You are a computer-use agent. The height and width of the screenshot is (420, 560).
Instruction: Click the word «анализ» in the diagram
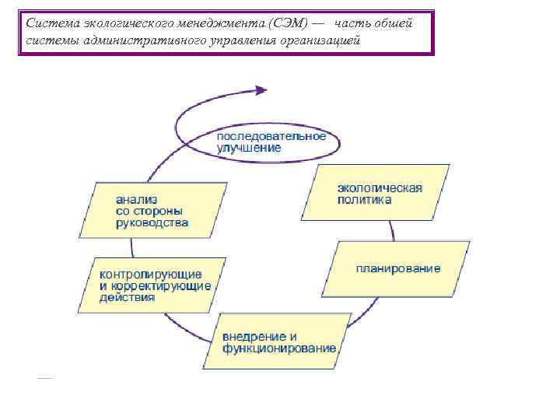(134, 198)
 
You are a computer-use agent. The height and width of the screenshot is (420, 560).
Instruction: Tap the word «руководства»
(152, 222)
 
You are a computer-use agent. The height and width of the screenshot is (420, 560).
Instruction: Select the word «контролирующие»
(150, 274)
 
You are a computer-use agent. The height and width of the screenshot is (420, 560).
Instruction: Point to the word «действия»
(127, 297)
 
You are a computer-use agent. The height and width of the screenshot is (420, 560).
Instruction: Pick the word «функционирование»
(279, 348)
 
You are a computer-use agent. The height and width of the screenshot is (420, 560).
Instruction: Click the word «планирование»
(398, 268)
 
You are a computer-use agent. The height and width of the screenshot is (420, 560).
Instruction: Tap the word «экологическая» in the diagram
(380, 187)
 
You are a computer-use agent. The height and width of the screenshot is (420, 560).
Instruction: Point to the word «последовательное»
(271, 135)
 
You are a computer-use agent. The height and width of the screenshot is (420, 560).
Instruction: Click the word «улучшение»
(249, 147)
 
